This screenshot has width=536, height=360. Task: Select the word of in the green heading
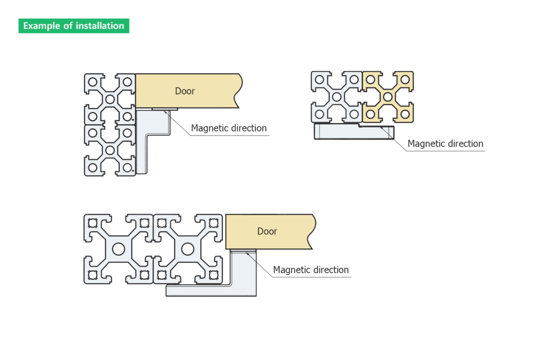68,26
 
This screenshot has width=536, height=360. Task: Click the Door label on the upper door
185,91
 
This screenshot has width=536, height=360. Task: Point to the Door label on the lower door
267,231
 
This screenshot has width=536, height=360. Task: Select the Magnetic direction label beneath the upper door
229,128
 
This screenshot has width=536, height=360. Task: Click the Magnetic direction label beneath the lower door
311,270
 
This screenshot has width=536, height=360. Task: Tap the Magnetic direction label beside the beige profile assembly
445,144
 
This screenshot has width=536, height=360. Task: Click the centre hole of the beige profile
388,97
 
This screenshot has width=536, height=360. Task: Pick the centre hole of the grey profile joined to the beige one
337,97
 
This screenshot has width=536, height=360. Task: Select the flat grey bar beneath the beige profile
354,132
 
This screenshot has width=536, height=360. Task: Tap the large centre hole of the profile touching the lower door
188,249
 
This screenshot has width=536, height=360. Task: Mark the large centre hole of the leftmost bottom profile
118,249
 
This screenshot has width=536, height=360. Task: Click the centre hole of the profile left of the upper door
110,99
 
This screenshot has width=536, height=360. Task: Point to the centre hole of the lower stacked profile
110,150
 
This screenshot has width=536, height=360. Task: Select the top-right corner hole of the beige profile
405,80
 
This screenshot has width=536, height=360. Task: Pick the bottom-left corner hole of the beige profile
371,114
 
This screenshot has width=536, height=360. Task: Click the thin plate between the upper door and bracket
165,109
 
